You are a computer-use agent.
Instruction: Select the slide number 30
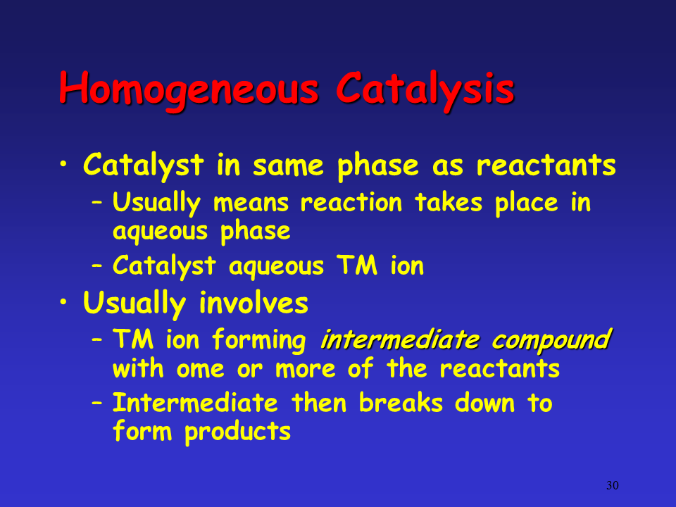(x=612, y=485)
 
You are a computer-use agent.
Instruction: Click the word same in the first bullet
(x=287, y=166)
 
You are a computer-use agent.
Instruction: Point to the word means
(x=251, y=203)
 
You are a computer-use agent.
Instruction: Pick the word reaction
(x=351, y=202)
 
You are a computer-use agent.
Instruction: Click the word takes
(x=449, y=202)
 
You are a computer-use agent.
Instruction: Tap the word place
(x=527, y=204)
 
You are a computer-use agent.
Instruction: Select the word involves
(x=254, y=302)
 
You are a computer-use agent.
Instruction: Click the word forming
(x=259, y=340)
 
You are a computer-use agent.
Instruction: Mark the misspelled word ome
(x=201, y=370)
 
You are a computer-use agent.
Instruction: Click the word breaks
(x=401, y=403)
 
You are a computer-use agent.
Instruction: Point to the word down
(x=484, y=403)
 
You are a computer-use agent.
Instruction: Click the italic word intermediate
(x=400, y=339)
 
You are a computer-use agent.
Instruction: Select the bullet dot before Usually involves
(x=63, y=302)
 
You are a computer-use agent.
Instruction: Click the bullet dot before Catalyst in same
(x=63, y=164)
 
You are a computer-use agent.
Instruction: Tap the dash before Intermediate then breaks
(x=97, y=403)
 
